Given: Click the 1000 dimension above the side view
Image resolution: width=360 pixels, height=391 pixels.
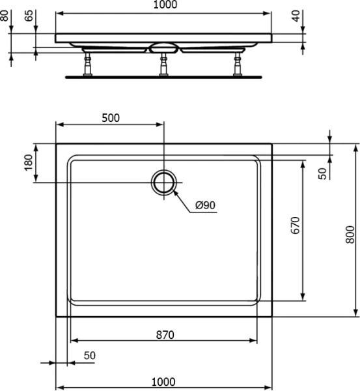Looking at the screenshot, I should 163,5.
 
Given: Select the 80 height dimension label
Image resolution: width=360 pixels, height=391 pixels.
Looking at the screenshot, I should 5,14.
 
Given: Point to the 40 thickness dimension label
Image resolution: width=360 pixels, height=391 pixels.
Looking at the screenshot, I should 298,16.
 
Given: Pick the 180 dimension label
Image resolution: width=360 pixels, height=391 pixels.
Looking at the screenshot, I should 28,163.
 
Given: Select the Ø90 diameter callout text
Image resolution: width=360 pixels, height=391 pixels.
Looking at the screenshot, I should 204,206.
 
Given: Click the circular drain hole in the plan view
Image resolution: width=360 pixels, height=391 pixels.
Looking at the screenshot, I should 164,182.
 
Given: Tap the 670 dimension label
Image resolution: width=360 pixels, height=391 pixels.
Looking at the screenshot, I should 295,225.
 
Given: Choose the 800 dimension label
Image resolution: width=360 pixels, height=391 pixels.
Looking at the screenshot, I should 350,233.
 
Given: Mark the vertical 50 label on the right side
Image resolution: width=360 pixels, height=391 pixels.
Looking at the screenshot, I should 322,173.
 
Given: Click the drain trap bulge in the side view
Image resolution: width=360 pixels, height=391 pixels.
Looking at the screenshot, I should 163,48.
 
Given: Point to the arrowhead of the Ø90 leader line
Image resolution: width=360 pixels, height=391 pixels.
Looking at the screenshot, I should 175,193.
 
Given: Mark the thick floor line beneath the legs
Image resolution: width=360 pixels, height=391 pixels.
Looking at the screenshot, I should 163,76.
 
